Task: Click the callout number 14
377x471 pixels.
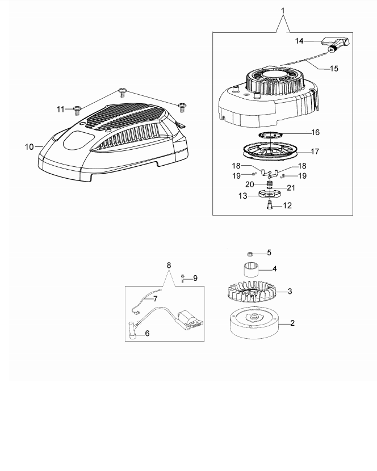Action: [300, 41]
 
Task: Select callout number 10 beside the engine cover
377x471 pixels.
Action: [30, 147]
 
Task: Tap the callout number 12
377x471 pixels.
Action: [288, 205]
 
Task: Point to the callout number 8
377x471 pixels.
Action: [168, 265]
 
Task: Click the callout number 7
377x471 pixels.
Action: [154, 298]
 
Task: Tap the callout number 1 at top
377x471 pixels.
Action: [283, 10]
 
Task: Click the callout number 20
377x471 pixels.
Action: [250, 184]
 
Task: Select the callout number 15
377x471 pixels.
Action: [334, 68]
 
